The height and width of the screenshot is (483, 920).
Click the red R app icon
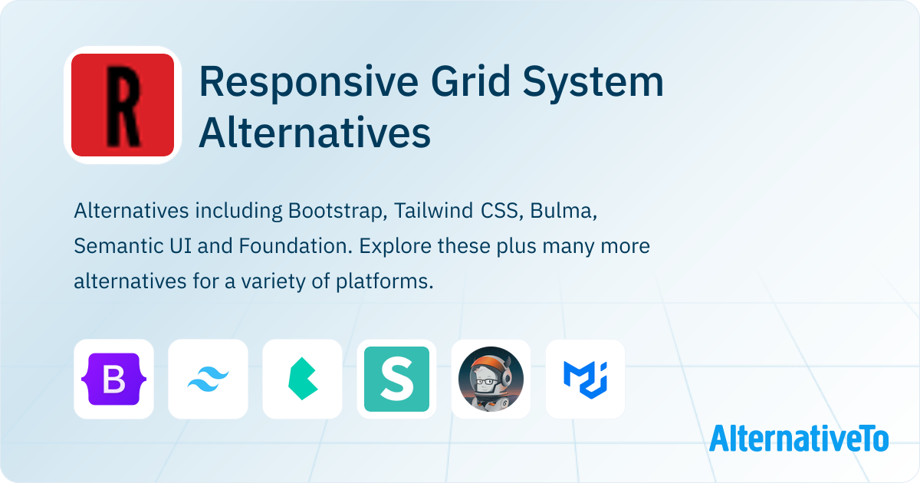tap(123, 105)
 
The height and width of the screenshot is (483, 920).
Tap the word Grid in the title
tap(471, 81)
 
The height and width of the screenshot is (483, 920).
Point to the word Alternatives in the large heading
tap(314, 132)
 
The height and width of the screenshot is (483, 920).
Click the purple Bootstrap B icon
tap(113, 379)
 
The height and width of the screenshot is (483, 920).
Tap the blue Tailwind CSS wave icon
tap(209, 379)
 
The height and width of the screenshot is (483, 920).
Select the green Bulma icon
tap(303, 379)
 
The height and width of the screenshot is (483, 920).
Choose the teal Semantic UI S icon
tap(397, 379)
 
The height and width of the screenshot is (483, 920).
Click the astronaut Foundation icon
tap(491, 379)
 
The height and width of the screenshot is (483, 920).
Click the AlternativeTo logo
tap(799, 439)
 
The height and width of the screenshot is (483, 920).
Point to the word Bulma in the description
tap(563, 211)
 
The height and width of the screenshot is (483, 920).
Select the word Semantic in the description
tap(118, 246)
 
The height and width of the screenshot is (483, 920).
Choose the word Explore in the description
tap(395, 246)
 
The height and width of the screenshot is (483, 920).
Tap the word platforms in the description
tap(384, 282)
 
